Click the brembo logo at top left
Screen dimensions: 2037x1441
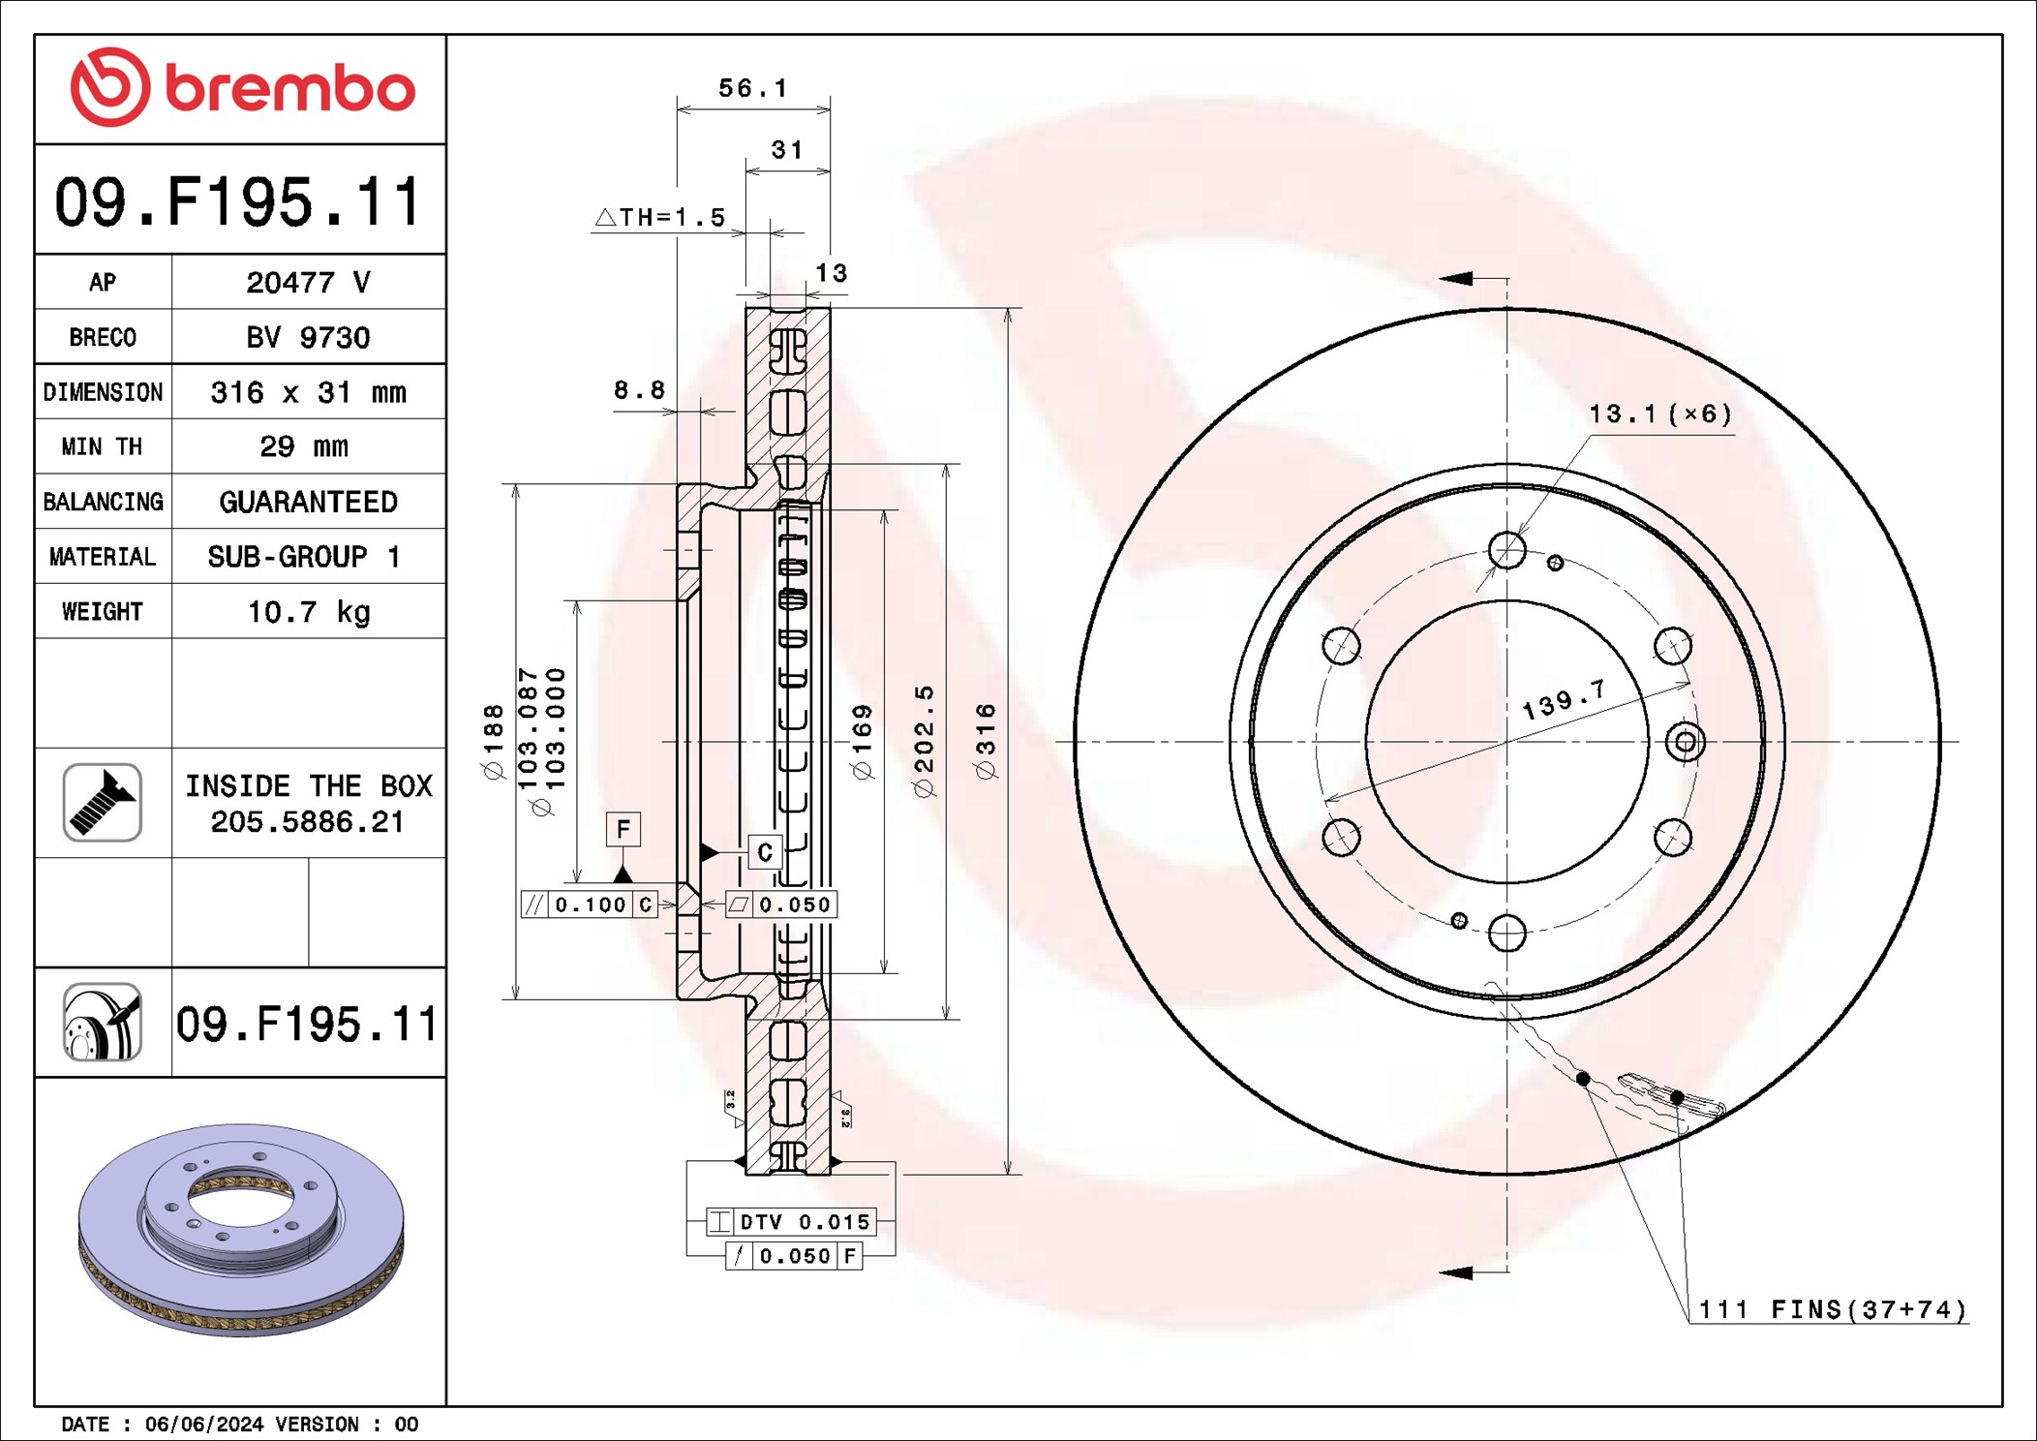tap(242, 87)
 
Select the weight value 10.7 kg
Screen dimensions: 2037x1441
tap(309, 612)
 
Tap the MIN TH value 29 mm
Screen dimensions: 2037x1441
tap(304, 446)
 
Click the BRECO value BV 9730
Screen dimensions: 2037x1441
tap(308, 337)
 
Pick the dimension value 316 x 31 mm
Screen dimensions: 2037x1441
tap(308, 392)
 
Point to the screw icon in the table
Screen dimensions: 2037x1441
tap(103, 803)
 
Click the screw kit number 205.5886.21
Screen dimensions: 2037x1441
tap(307, 822)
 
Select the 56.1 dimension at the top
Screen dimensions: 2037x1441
tap(752, 88)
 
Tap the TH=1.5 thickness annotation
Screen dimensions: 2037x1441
tap(661, 217)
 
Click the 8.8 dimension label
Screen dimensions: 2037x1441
tap(639, 390)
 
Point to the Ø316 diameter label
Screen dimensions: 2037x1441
tap(986, 742)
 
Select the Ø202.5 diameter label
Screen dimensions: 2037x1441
tap(925, 742)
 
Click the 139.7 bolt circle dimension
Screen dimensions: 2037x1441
tap(1564, 699)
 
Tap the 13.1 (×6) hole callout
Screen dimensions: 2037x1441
tap(1659, 414)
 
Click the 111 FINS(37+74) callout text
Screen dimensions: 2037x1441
tap(1833, 1310)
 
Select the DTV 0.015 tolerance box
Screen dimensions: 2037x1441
tap(791, 1222)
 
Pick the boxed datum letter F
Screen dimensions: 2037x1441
tap(623, 829)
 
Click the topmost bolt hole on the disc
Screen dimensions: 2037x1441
tap(1506, 550)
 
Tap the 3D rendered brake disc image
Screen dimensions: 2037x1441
tap(241, 1229)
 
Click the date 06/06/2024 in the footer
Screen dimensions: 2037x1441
tap(203, 1425)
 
